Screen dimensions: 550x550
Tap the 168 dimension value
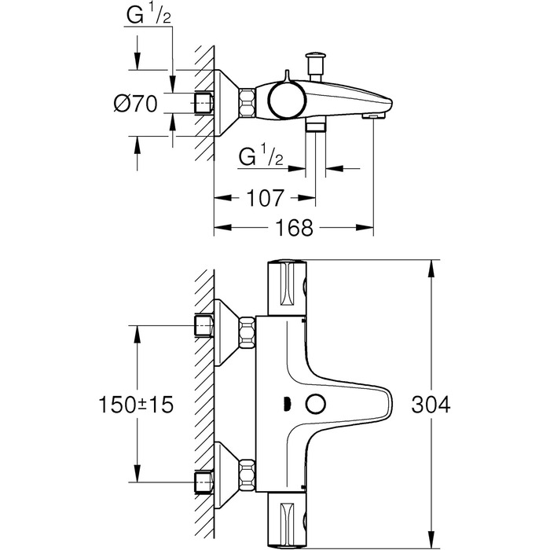[x=294, y=228]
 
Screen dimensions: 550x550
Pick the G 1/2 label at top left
[x=148, y=17]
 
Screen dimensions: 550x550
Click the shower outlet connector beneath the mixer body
[x=315, y=126]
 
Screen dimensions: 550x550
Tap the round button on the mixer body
[x=317, y=405]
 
